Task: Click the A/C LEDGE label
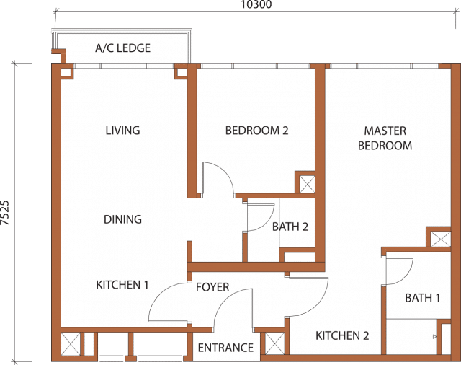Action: point(123,48)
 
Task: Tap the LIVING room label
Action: point(123,131)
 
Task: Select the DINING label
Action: point(123,219)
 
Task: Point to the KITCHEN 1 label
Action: point(122,285)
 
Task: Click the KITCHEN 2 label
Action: point(342,335)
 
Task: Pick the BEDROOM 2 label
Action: point(257,131)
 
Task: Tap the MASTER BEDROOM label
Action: point(385,138)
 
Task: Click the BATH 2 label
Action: point(290,227)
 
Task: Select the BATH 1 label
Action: point(423,298)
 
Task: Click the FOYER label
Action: point(212,287)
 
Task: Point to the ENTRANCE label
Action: point(225,348)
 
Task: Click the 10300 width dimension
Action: point(256,4)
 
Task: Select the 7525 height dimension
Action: point(5,213)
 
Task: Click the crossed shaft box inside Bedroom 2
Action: point(307,185)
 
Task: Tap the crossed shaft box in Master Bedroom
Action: point(440,239)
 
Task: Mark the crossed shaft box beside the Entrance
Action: point(275,343)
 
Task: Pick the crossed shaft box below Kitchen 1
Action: point(71,344)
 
